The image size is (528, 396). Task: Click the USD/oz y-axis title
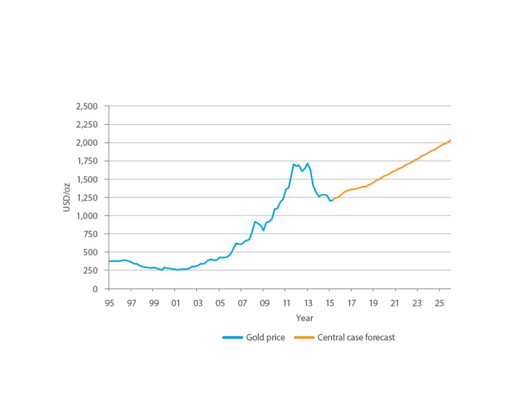coord(67,197)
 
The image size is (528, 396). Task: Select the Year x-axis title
coord(304,318)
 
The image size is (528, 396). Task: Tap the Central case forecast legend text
coord(356,338)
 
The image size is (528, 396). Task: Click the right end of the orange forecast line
coord(450,140)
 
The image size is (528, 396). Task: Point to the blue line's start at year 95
coord(109,261)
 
